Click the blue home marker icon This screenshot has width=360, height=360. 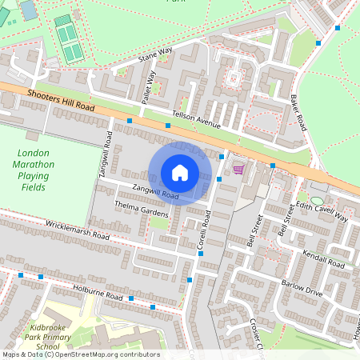point(179,172)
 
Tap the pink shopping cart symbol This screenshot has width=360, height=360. point(238,169)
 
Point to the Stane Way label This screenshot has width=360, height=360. point(155,54)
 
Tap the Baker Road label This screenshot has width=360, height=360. point(298,113)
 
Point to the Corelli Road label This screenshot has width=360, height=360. point(205,229)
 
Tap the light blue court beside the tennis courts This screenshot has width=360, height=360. point(28,10)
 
